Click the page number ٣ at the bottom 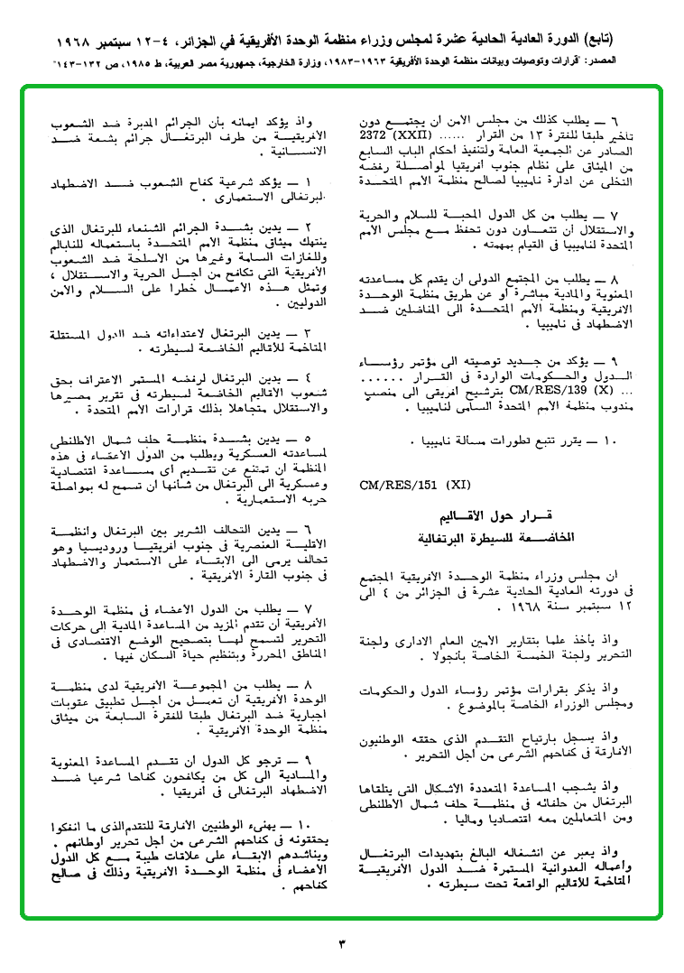click(342, 944)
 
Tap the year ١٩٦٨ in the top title click(80, 42)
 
